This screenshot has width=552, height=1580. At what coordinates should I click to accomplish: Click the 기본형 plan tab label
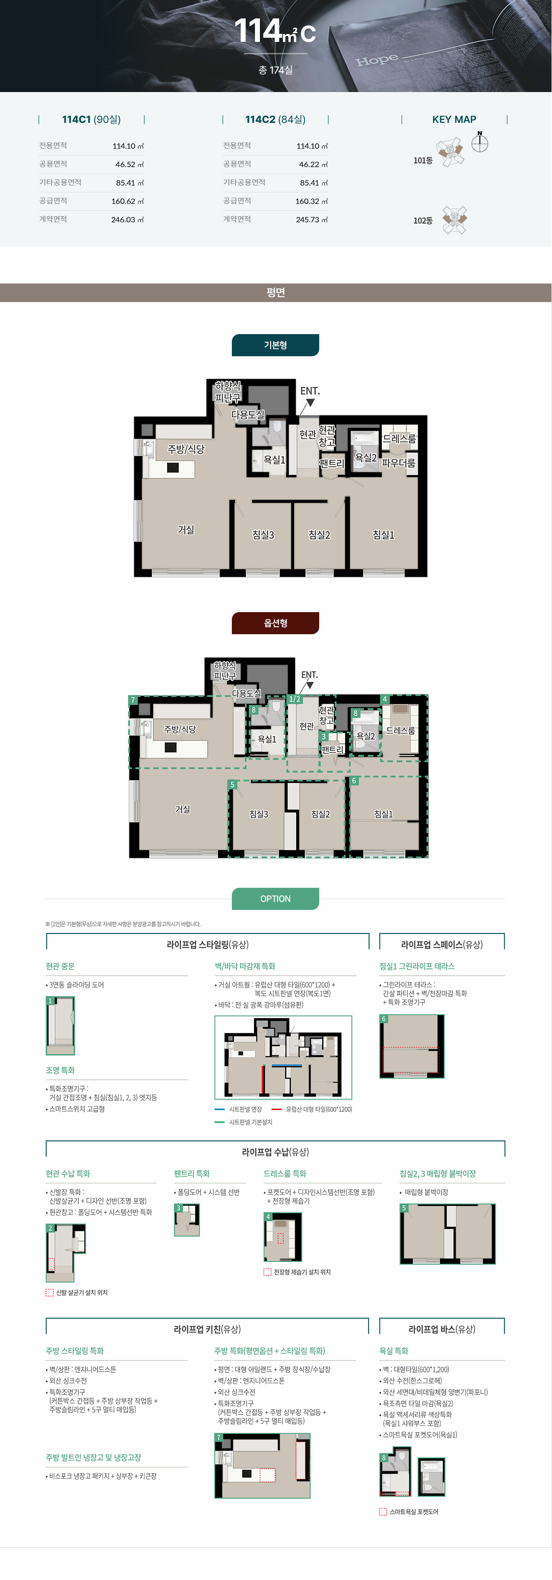(x=276, y=345)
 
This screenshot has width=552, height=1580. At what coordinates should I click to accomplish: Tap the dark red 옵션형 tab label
(x=276, y=623)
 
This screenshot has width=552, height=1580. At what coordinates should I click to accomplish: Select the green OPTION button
(x=276, y=898)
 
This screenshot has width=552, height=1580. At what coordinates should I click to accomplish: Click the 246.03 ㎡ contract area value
(x=127, y=220)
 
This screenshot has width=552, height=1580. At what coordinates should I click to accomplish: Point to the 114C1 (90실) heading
(x=92, y=120)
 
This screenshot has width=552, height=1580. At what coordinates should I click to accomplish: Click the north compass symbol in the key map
(x=480, y=143)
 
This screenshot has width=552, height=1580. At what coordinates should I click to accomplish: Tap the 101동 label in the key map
(x=423, y=161)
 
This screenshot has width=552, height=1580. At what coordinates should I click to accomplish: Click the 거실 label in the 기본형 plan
(x=186, y=529)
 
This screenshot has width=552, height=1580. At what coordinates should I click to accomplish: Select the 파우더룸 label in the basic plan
(x=399, y=463)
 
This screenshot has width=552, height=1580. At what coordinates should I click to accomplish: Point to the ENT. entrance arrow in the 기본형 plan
(x=310, y=402)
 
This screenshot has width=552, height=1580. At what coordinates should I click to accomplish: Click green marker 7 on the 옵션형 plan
(x=132, y=700)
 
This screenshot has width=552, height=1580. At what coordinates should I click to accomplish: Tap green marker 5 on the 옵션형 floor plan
(x=232, y=785)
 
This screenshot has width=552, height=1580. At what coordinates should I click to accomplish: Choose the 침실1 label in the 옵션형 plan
(x=383, y=814)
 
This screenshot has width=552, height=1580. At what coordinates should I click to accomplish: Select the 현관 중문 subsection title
(x=60, y=966)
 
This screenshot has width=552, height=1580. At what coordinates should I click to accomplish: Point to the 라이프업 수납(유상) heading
(x=276, y=1152)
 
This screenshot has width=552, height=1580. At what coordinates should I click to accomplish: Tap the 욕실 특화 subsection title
(x=394, y=1351)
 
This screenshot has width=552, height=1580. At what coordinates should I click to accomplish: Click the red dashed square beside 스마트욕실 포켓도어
(x=383, y=1512)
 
